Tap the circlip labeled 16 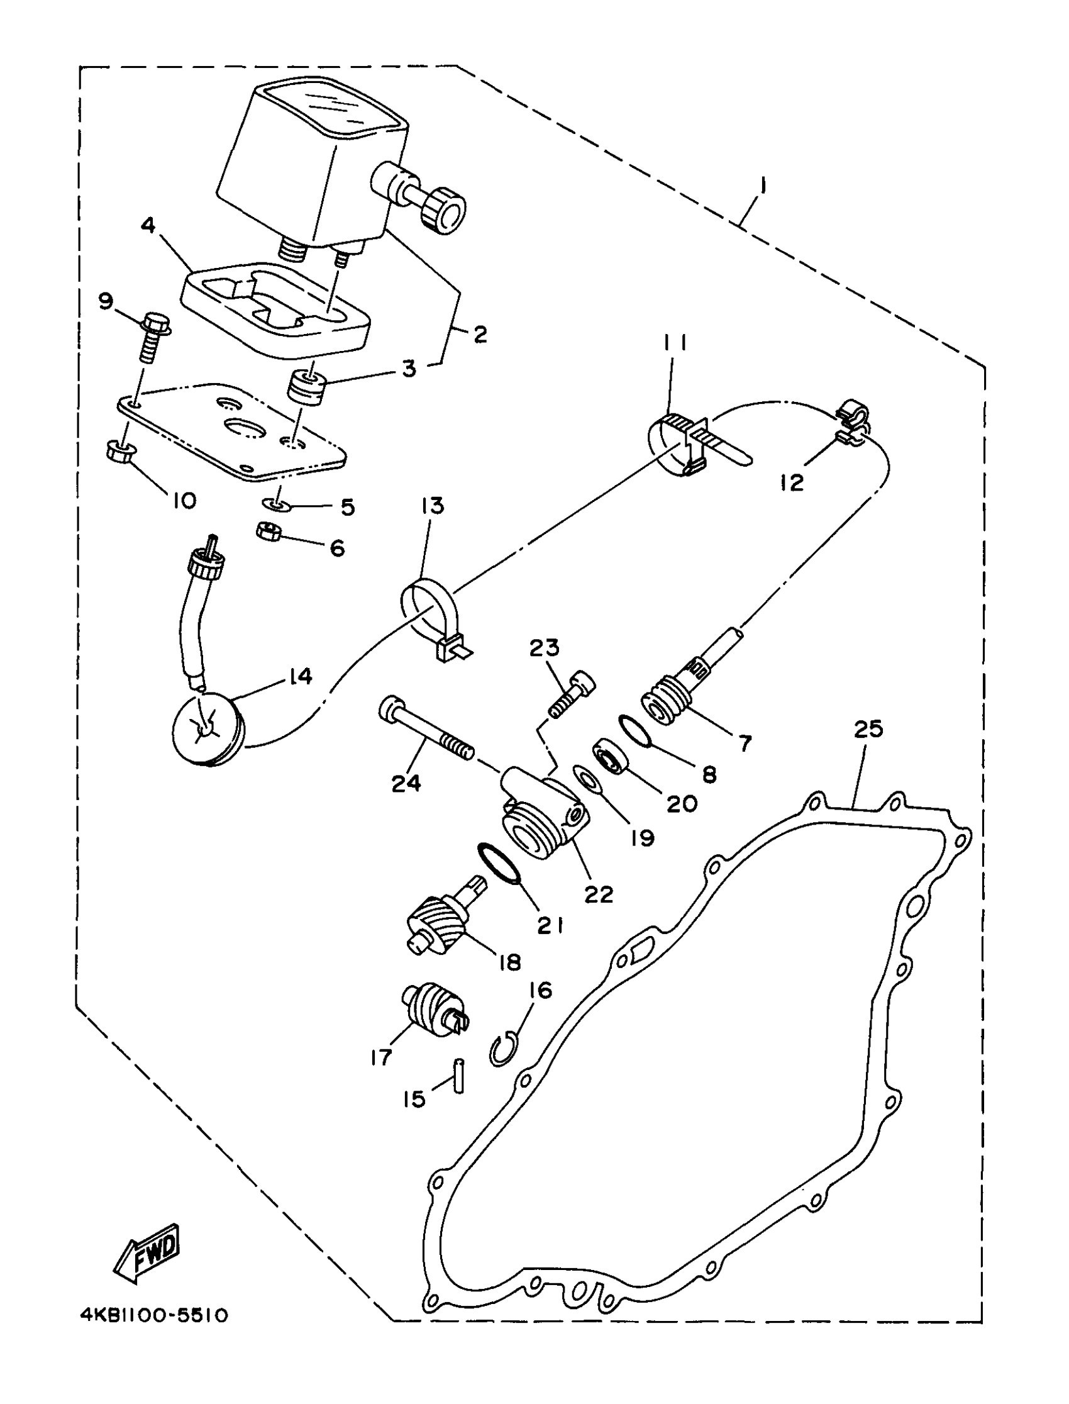tap(504, 1047)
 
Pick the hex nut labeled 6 tap(268, 530)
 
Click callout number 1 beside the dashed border tap(762, 187)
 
